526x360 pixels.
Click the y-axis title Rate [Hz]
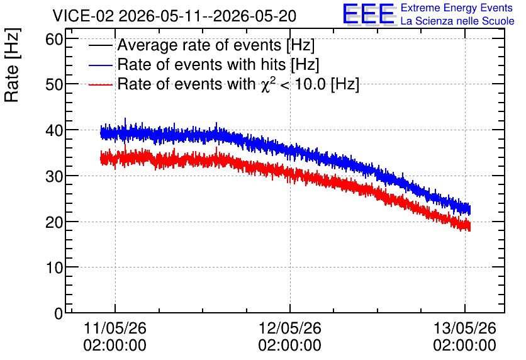[12, 65]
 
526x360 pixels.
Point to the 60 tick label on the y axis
[54, 39]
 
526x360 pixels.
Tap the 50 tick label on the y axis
[54, 84]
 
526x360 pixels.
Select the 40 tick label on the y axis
[54, 130]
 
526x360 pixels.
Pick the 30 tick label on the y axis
[54, 176]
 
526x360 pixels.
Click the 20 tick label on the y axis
[54, 222]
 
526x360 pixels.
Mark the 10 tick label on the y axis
[54, 267]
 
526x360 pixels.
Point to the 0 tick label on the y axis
[59, 313]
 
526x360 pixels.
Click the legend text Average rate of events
[199, 45]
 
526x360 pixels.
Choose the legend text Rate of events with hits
[201, 64]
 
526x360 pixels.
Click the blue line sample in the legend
[100, 65]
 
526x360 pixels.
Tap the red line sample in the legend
[100, 85]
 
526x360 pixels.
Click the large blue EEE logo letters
[369, 14]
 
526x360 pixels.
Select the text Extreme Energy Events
[457, 8]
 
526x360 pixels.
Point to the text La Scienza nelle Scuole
[457, 21]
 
